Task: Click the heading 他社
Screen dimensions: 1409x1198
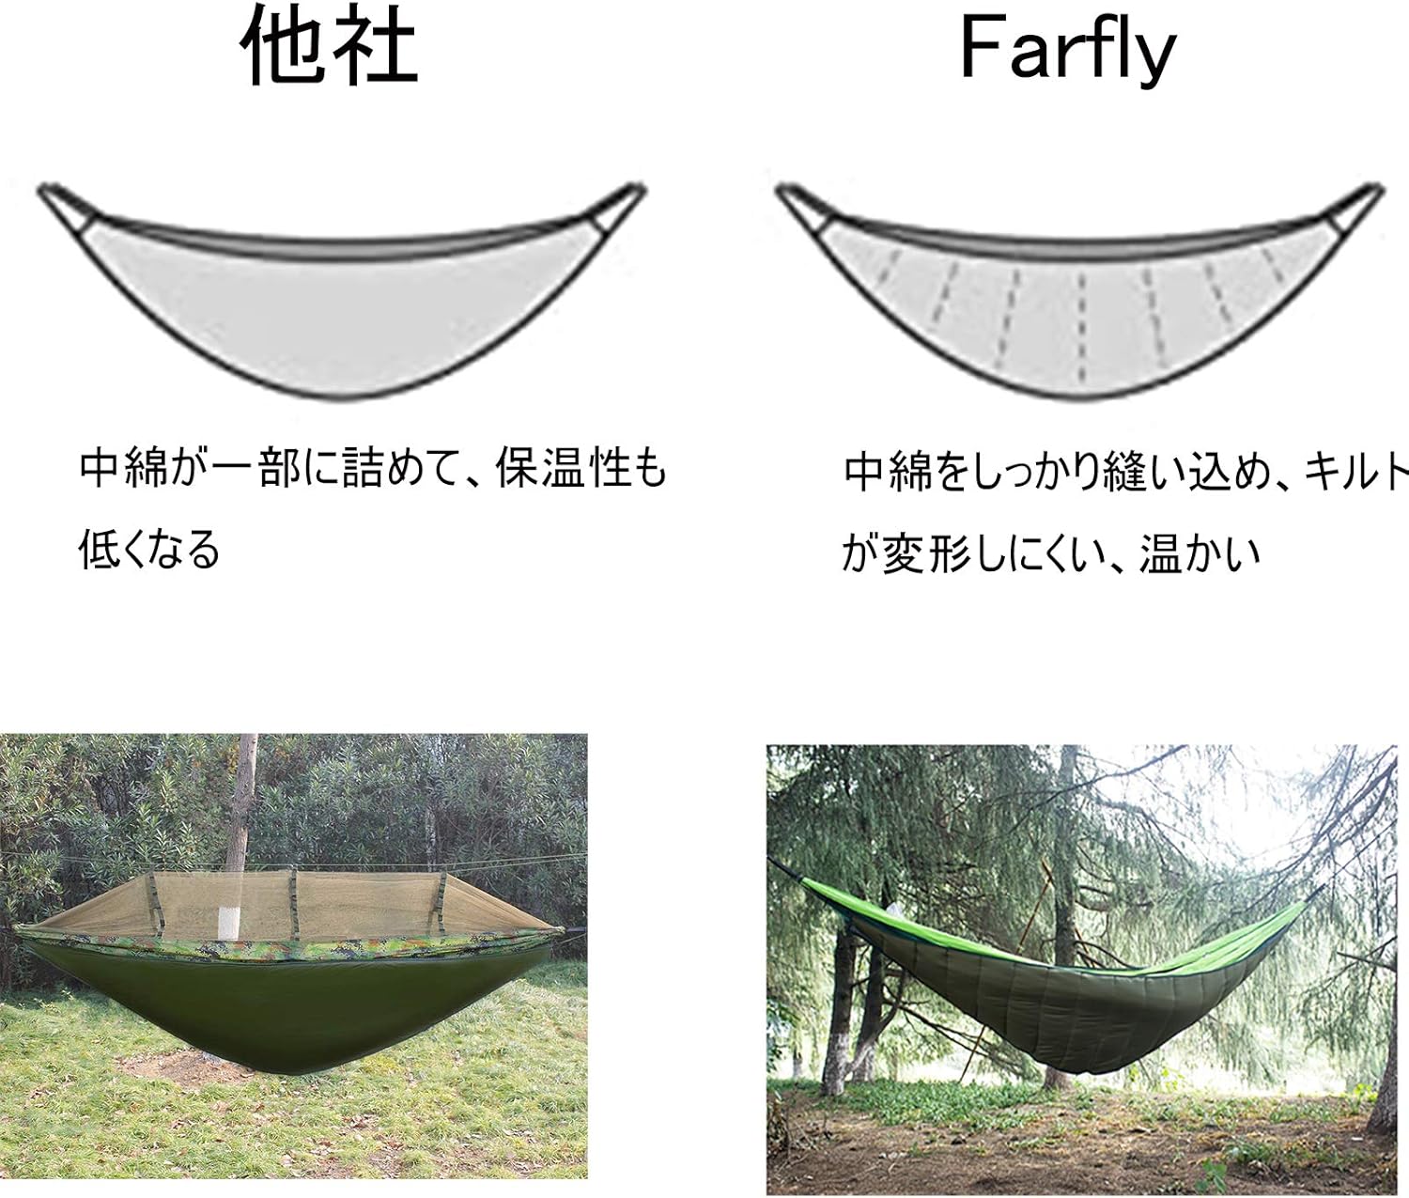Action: (x=329, y=47)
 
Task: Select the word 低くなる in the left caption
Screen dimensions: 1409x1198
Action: (x=149, y=549)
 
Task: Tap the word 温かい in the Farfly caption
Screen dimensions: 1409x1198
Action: (x=1200, y=554)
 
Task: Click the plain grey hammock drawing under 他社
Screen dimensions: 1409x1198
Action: (x=338, y=310)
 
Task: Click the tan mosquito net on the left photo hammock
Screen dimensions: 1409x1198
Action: (x=310, y=902)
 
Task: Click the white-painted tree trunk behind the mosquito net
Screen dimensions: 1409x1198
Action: (x=230, y=921)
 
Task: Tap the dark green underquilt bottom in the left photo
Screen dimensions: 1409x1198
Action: (x=282, y=1015)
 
